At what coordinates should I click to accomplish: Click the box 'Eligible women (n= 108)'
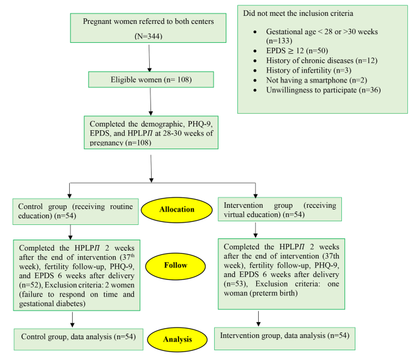(x=150, y=79)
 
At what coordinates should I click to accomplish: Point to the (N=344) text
(x=150, y=36)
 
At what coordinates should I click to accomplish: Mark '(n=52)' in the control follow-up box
(x=30, y=284)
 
